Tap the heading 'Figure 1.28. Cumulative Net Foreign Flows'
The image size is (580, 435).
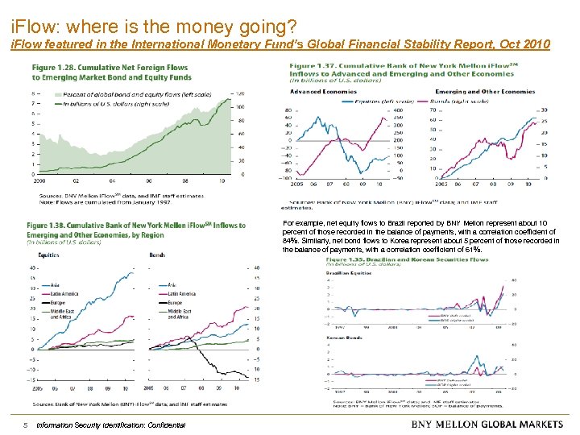pyautogui.click(x=110, y=68)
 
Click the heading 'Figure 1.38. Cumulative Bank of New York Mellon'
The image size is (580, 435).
pyautogui.click(x=137, y=225)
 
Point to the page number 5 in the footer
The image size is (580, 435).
pyautogui.click(x=26, y=425)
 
